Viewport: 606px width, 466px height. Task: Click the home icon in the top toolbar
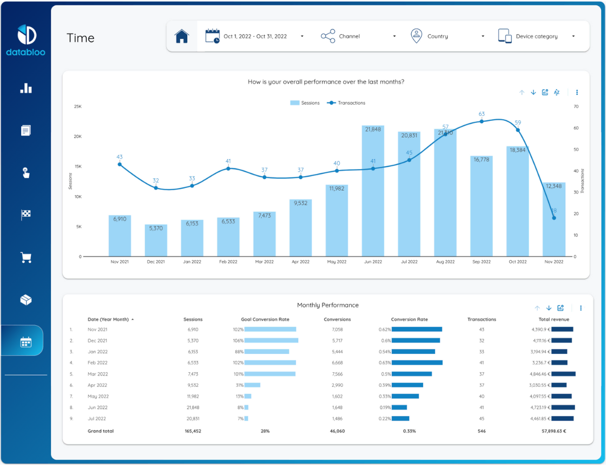pos(182,36)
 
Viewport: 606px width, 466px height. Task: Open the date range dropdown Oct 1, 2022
pos(254,36)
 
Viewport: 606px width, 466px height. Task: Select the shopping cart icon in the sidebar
pos(26,257)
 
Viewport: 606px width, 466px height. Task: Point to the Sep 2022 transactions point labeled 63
pos(482,121)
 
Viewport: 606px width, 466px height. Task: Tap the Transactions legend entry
pos(347,103)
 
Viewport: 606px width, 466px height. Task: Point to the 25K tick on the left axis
pos(77,107)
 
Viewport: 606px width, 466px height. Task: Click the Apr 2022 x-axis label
pos(300,262)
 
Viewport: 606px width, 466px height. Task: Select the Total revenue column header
pos(554,319)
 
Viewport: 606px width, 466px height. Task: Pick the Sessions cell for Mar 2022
pos(193,374)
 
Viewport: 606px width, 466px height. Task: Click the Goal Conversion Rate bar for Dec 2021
pos(271,341)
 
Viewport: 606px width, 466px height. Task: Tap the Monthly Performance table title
pos(327,305)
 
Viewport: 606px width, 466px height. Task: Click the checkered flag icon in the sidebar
pos(26,215)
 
